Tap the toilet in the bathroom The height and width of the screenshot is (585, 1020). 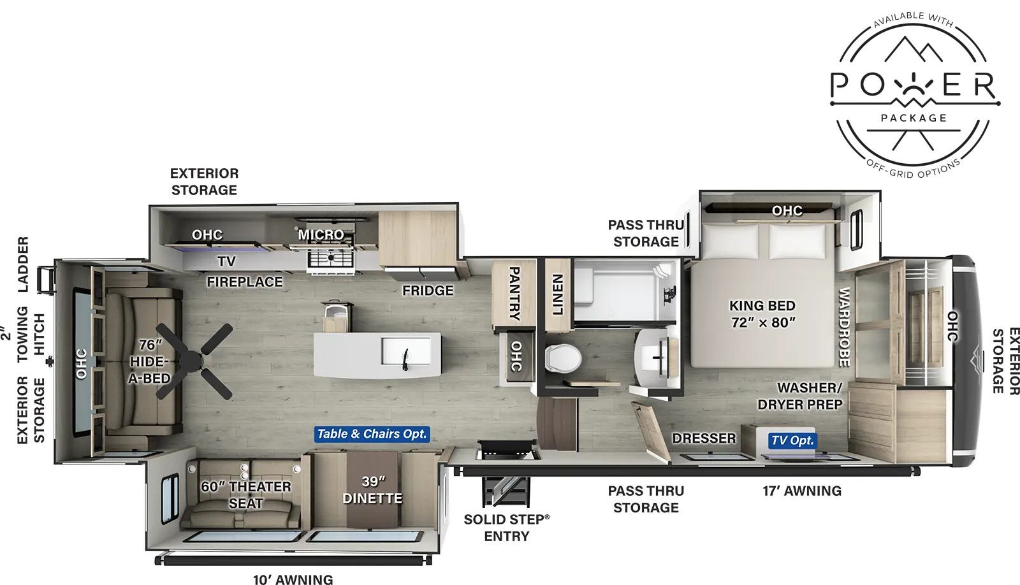click(564, 357)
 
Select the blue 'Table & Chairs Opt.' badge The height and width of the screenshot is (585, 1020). click(372, 434)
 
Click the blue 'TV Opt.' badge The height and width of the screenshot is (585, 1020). click(792, 440)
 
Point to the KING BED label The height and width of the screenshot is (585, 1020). click(762, 314)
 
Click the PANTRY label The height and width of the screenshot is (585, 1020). click(514, 293)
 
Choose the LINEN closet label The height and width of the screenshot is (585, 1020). click(557, 294)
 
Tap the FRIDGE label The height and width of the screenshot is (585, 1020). click(428, 291)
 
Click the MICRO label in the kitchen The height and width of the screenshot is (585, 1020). click(321, 235)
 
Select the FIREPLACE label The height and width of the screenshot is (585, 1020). click(244, 281)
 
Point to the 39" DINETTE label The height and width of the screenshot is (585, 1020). click(372, 490)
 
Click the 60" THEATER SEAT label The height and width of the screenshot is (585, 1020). click(246, 495)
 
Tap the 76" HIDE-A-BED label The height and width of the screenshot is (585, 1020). click(150, 361)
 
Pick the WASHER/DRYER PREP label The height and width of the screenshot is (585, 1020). click(800, 396)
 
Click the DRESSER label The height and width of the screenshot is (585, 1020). click(704, 438)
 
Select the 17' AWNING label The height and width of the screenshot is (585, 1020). click(802, 491)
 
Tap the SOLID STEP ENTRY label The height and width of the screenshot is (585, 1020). click(507, 528)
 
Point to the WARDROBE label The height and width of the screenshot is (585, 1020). click(843, 327)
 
